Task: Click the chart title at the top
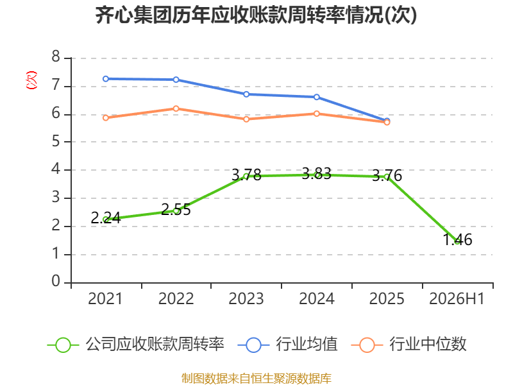256,15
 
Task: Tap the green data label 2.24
106,218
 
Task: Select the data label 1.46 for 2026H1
457,239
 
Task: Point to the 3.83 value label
316,173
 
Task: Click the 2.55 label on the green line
176,209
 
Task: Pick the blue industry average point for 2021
106,79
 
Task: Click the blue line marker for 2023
246,94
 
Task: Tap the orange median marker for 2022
176,108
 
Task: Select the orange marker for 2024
317,114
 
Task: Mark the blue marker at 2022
176,80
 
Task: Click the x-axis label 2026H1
457,298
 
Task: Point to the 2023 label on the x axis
246,298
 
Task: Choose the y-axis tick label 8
56,57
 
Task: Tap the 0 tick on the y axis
56,281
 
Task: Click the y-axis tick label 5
56,141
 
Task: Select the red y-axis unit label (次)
31,80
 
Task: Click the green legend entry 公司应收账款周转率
135,345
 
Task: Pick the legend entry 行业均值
287,345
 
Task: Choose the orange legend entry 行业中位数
408,345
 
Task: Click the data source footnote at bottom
256,378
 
